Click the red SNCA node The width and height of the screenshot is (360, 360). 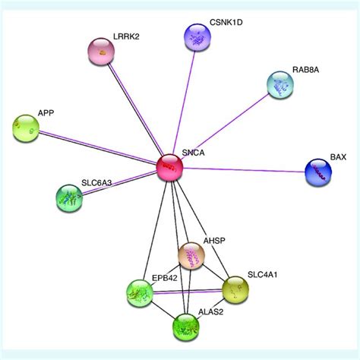point(170,166)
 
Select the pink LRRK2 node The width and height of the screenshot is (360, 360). point(106,52)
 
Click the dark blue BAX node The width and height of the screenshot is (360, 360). point(318,172)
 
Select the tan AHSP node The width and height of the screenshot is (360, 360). point(191,257)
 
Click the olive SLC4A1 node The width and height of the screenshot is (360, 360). point(235,289)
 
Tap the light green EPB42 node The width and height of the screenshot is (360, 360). point(140,292)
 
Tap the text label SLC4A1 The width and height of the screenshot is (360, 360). point(261,275)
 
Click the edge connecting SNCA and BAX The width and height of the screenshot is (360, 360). point(243,169)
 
